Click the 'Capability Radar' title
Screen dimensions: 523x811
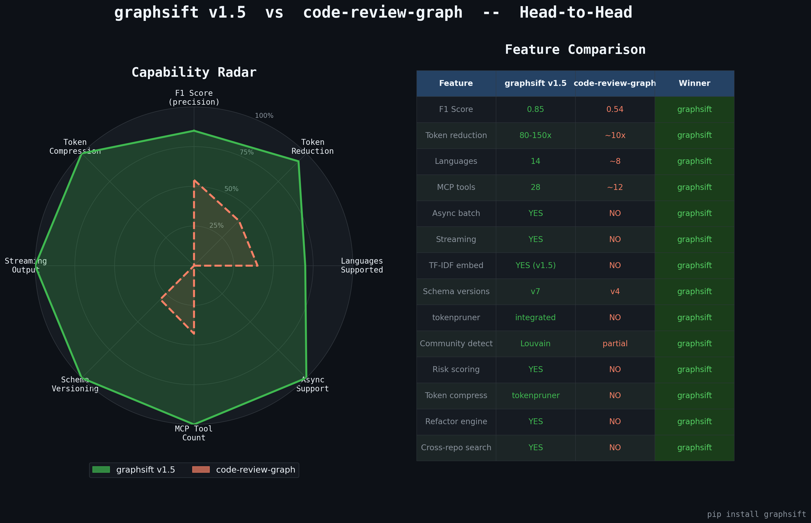click(194, 72)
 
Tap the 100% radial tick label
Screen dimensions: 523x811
click(264, 115)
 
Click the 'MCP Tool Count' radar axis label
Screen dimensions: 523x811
click(194, 433)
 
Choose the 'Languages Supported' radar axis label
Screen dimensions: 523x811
click(362, 265)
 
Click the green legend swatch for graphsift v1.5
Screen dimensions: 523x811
click(101, 470)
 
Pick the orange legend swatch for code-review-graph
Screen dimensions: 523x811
click(201, 470)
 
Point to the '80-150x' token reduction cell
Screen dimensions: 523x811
click(535, 135)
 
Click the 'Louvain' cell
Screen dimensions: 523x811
click(535, 343)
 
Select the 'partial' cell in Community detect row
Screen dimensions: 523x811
click(615, 343)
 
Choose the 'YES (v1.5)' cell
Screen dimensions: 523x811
click(535, 265)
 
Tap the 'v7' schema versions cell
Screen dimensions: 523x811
click(535, 291)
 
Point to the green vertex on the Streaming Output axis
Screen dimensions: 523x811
click(36, 265)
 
